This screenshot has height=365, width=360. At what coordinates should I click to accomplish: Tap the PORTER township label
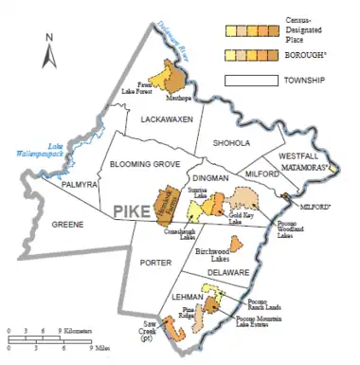pos(154,264)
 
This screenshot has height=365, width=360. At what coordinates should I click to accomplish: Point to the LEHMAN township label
pos(179,295)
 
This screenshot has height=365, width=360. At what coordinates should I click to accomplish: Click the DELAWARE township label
pos(228,272)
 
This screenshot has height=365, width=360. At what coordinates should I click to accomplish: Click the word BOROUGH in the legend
pos(304,56)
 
